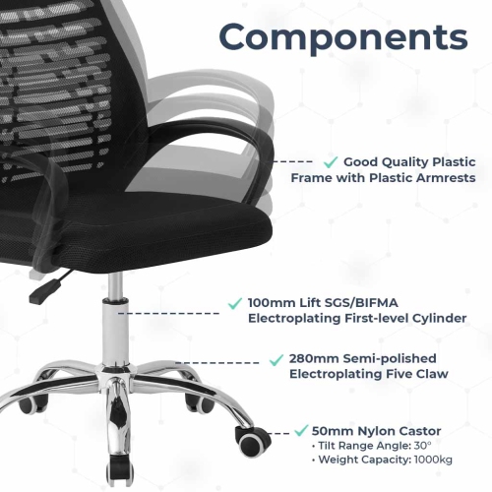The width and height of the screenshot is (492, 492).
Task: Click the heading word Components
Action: point(342,37)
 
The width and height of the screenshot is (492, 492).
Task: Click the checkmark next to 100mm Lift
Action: point(235,301)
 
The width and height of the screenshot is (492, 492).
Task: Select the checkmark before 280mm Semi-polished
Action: point(277,358)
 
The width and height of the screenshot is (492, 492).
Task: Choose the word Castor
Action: point(417,431)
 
